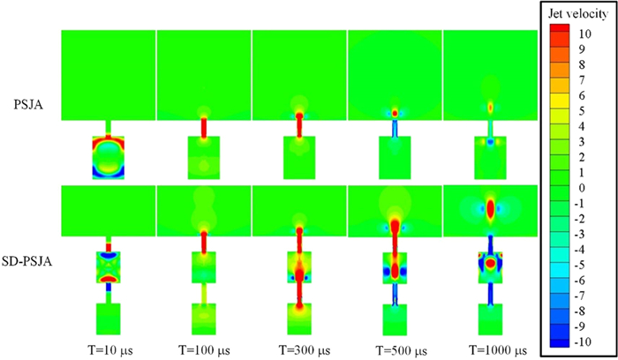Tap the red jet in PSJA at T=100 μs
[204, 126]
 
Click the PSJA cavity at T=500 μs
[395, 157]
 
